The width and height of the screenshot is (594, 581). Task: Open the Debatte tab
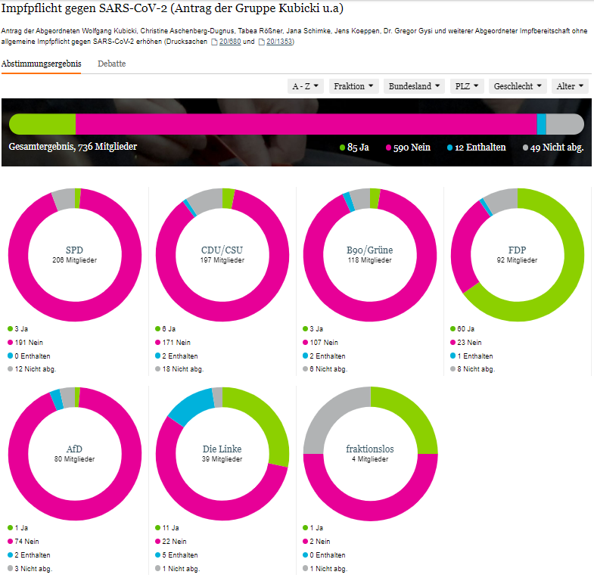click(x=111, y=64)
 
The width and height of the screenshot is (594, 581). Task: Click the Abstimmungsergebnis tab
click(x=42, y=64)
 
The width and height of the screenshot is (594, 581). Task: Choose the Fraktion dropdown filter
click(x=353, y=86)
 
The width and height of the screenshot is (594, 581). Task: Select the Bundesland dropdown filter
click(x=415, y=86)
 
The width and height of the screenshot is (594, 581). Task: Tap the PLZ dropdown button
click(x=466, y=86)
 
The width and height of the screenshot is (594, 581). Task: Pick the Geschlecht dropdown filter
click(x=518, y=86)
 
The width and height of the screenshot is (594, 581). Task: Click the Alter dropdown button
click(x=570, y=86)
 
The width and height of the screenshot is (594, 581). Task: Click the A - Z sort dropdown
click(x=306, y=86)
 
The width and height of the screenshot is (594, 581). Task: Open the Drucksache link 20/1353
click(x=279, y=41)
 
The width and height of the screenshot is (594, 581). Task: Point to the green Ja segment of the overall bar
click(x=42, y=124)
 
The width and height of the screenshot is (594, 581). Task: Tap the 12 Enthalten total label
click(x=480, y=148)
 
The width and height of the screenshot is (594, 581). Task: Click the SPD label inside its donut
click(x=74, y=250)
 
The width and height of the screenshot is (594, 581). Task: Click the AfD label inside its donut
click(x=74, y=449)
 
